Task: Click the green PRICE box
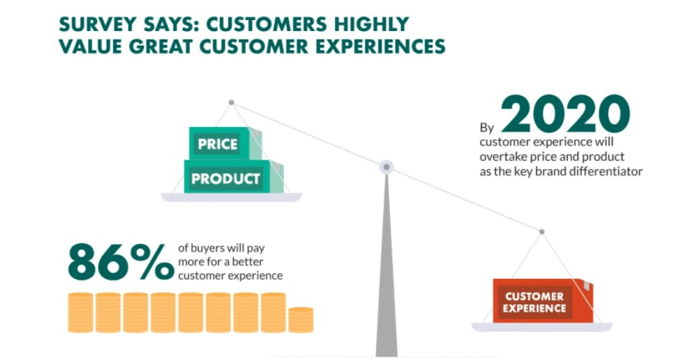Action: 225,143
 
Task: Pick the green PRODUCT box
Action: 233,177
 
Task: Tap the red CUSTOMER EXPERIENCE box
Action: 543,300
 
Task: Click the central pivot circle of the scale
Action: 386,166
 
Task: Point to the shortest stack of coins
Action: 301,320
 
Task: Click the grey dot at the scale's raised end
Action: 231,102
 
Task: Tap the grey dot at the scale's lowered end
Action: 542,231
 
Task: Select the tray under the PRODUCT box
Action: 231,197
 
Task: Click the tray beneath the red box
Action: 542,327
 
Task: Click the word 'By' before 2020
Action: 487,128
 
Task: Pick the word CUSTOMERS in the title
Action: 268,25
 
